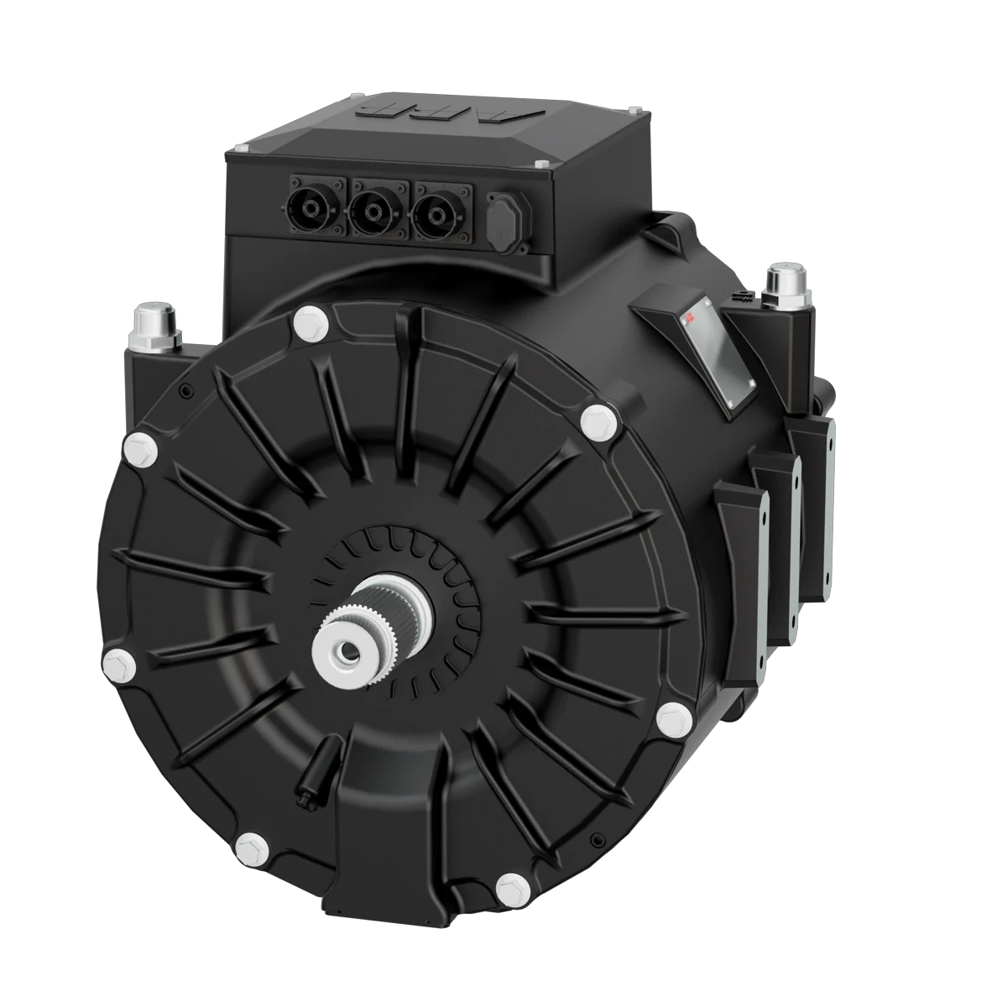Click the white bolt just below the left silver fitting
tap(140, 451)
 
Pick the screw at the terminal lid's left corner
tap(244, 149)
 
